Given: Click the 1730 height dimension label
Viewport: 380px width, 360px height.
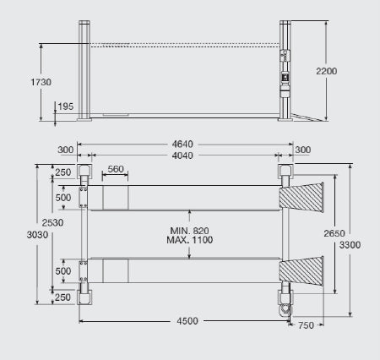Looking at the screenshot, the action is point(41,82).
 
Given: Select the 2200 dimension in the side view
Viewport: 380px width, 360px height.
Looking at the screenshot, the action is point(327,71).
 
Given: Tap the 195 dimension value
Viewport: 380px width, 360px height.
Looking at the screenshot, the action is point(66,106).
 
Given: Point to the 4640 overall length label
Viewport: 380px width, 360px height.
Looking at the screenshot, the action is point(182,145).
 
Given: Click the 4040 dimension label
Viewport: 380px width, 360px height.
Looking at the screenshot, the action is point(182,155).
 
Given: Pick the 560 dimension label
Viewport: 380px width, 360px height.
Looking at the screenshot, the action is point(116,169).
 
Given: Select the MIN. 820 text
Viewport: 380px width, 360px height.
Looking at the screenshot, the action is point(189,231).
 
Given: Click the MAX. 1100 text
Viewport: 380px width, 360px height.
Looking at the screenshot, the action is point(189,240).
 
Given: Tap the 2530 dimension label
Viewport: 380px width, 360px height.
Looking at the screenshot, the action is point(52,223).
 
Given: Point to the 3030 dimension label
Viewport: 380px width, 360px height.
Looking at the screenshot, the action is point(37,235).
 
